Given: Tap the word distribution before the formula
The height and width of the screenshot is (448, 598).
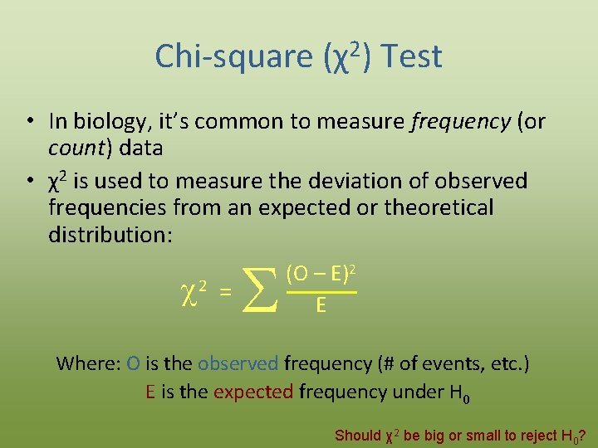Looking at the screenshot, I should tap(110, 234).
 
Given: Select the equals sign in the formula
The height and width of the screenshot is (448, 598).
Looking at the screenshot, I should tap(224, 291).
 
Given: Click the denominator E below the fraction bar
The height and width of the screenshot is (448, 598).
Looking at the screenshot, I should tap(321, 307).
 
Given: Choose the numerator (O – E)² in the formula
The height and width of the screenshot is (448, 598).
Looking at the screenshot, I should tap(321, 273).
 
